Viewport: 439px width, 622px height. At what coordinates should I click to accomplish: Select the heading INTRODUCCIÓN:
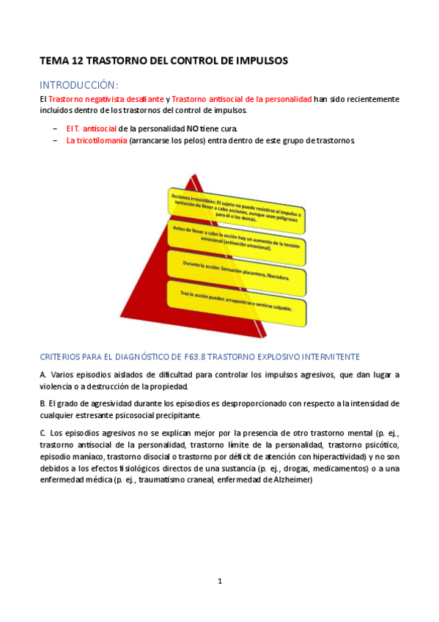79,84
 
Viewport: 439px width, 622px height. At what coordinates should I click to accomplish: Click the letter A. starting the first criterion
43,375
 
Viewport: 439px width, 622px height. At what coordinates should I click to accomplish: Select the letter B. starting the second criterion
43,403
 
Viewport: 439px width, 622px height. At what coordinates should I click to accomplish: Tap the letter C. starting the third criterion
43,433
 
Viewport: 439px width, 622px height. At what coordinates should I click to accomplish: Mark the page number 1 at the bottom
219,581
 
